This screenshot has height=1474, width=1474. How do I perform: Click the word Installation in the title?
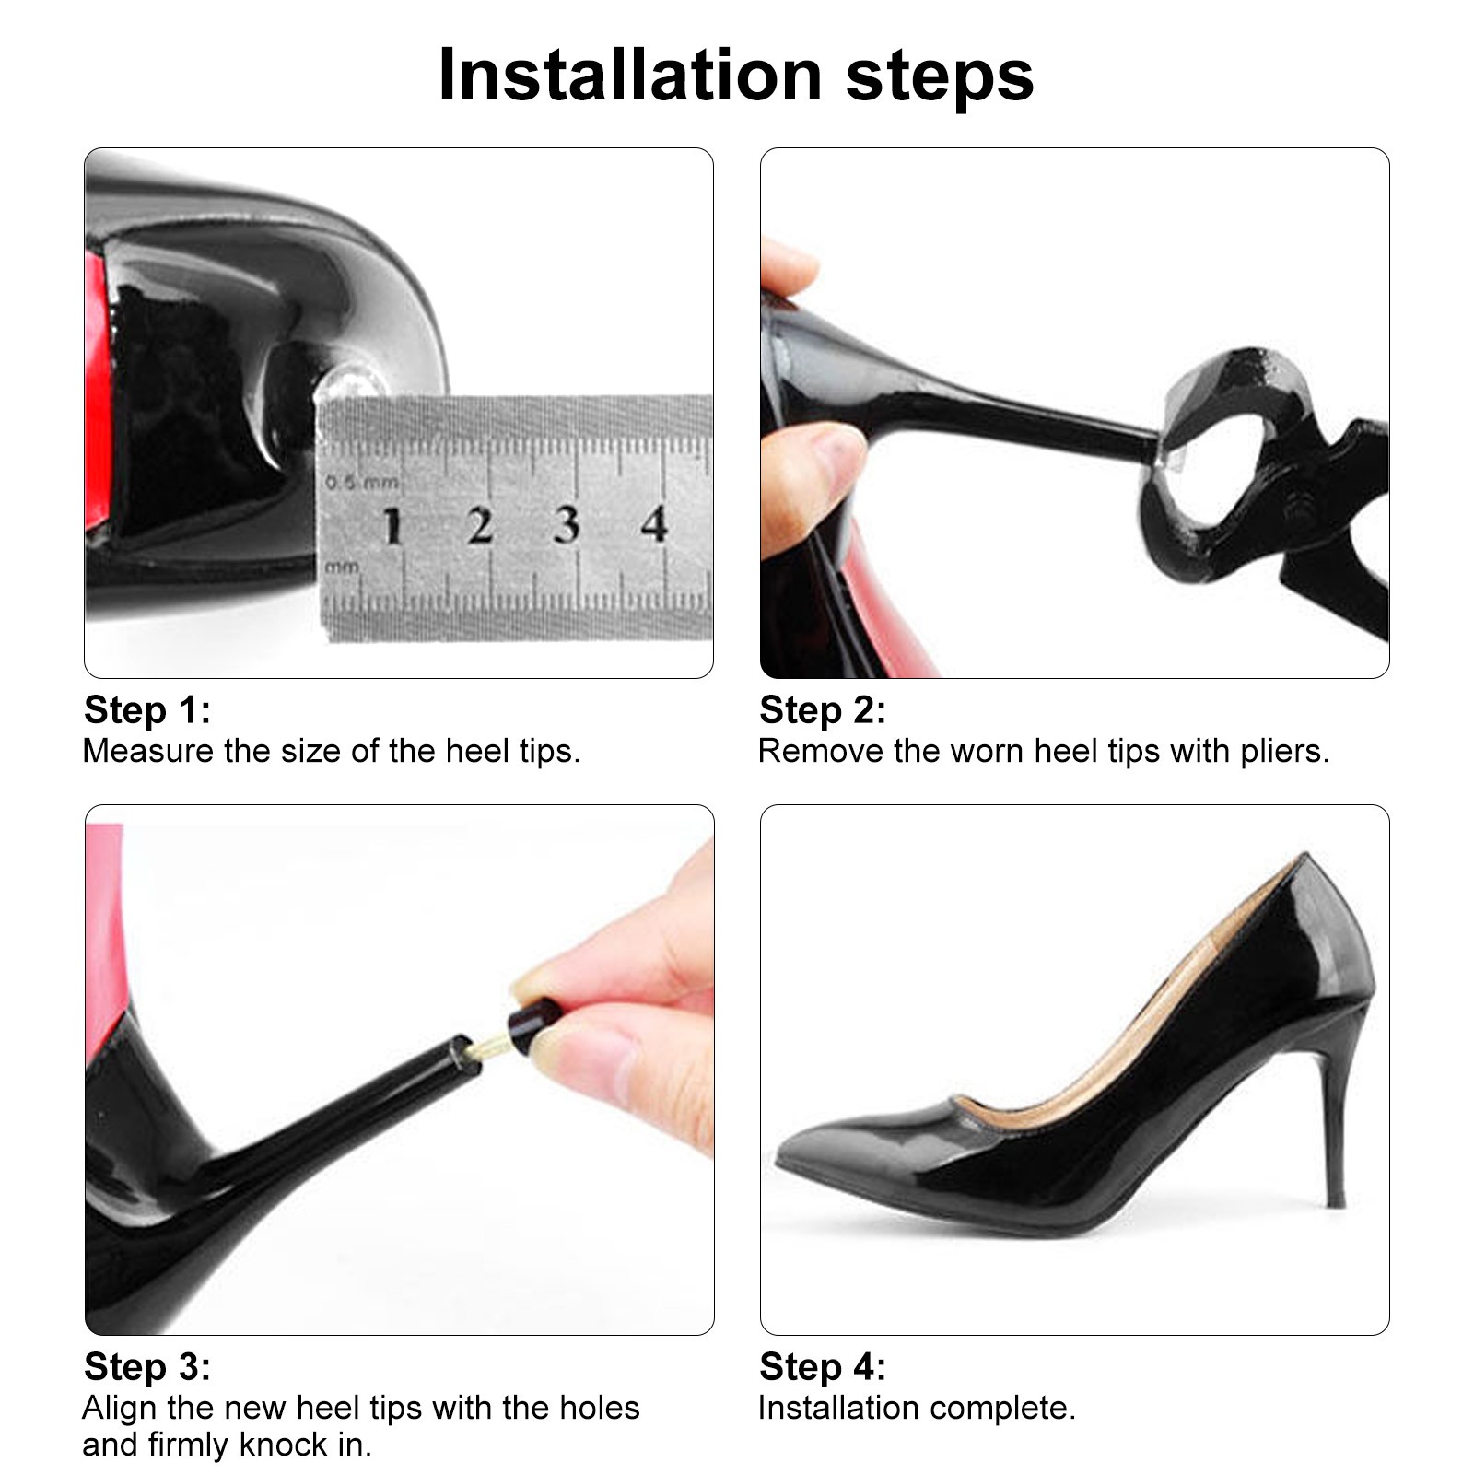coord(630,75)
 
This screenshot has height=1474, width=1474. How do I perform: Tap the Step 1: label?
coord(147,710)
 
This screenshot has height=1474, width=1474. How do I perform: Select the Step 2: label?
coord(823,710)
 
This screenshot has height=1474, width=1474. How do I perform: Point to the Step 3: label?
coord(147,1367)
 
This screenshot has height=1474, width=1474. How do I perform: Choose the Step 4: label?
coord(823,1367)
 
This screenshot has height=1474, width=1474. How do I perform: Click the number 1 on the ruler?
coord(393,525)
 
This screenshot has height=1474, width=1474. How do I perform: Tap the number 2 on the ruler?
coord(480,525)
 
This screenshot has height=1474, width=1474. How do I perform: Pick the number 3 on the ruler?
coord(567,524)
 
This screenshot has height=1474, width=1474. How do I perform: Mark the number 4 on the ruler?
coord(654,523)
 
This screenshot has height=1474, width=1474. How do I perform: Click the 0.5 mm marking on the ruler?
coord(362,481)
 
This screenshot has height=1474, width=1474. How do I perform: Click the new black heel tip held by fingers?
coord(527,1028)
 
